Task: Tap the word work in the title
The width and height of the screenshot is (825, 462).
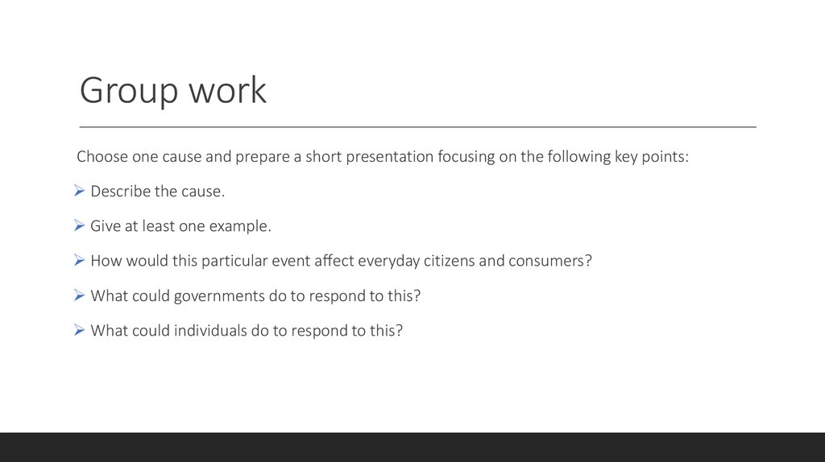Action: (x=227, y=91)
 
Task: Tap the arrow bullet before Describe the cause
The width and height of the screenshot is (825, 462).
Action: (x=79, y=192)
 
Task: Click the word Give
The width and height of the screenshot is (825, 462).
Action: (x=105, y=226)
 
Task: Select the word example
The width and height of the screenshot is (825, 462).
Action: (x=240, y=226)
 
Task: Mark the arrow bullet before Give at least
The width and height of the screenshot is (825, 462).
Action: (x=79, y=226)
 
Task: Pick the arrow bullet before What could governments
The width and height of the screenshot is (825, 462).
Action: (x=79, y=295)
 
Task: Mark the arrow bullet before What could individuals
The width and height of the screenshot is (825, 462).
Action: (x=79, y=330)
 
